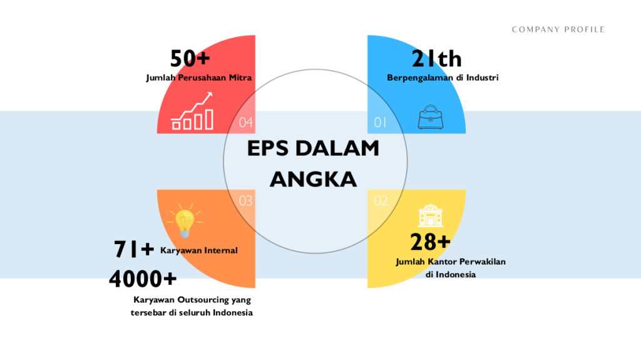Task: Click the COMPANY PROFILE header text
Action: coord(558,29)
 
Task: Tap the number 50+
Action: coord(190,58)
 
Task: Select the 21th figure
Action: coord(436,58)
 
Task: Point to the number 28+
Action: coord(430,242)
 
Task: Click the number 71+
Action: coord(134,249)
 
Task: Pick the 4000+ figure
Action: coord(143,279)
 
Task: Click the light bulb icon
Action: coord(185,221)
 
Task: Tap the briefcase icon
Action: coord(431,118)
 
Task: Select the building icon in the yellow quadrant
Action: coord(431,215)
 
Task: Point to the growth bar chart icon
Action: coord(192,111)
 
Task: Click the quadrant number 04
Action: coord(246,122)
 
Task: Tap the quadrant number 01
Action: coord(380,122)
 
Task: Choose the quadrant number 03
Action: coord(245,201)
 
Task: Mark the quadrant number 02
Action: coord(381,201)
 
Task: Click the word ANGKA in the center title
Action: coord(313,180)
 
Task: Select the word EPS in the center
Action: coord(268,148)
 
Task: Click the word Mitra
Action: coord(240,77)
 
